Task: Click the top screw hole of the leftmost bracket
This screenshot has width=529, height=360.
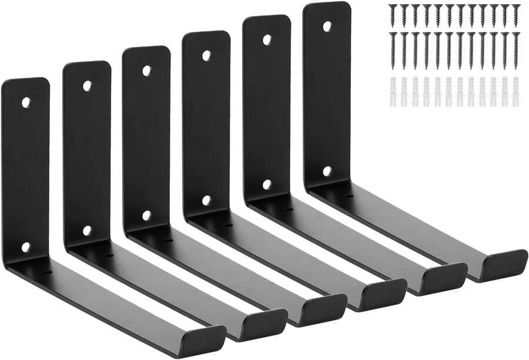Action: (x=26, y=102)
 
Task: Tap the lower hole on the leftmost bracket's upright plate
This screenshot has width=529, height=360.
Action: (x=26, y=247)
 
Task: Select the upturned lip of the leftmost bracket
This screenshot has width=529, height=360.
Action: (x=202, y=337)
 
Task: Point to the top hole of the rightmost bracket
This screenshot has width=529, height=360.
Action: (x=327, y=26)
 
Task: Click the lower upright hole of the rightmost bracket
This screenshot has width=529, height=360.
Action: (x=327, y=171)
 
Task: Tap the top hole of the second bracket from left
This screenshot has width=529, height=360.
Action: (x=87, y=86)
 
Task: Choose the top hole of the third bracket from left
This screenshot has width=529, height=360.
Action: (x=147, y=70)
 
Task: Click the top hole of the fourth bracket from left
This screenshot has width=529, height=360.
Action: (x=207, y=55)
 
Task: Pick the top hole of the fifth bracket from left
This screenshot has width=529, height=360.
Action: (x=267, y=40)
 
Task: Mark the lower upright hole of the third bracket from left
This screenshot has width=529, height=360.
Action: (x=147, y=216)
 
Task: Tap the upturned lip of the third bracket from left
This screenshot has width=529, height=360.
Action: (x=325, y=306)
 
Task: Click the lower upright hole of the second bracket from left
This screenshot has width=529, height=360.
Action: (x=87, y=231)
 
